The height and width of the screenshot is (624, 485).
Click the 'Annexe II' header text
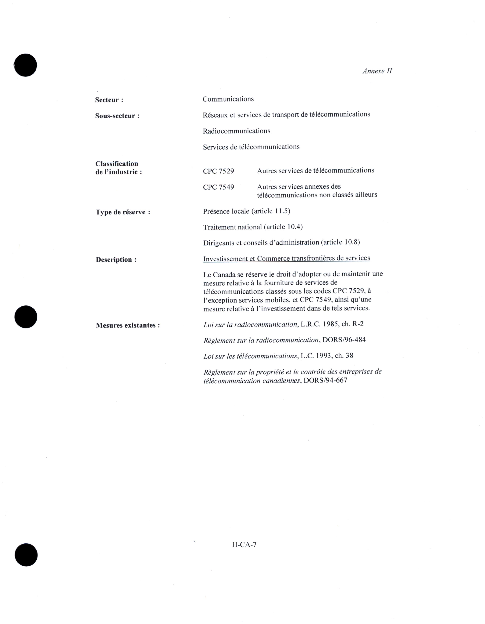[x=377, y=71]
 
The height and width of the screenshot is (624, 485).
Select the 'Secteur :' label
[x=109, y=100]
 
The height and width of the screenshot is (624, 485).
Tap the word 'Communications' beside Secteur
[x=228, y=99]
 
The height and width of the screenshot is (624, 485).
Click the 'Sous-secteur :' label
[x=117, y=116]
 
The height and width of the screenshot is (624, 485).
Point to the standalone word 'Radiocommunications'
[x=236, y=131]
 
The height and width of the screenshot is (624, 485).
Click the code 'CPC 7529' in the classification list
[x=218, y=171]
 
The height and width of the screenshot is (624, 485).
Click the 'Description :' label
[x=116, y=260]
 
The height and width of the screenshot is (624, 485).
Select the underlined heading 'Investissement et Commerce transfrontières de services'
[x=286, y=258]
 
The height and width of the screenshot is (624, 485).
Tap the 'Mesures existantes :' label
[x=128, y=325]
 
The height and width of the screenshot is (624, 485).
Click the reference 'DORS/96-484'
[x=344, y=340]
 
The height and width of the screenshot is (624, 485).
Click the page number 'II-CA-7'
[x=244, y=545]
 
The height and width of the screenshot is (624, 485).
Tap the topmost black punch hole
[x=26, y=65]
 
